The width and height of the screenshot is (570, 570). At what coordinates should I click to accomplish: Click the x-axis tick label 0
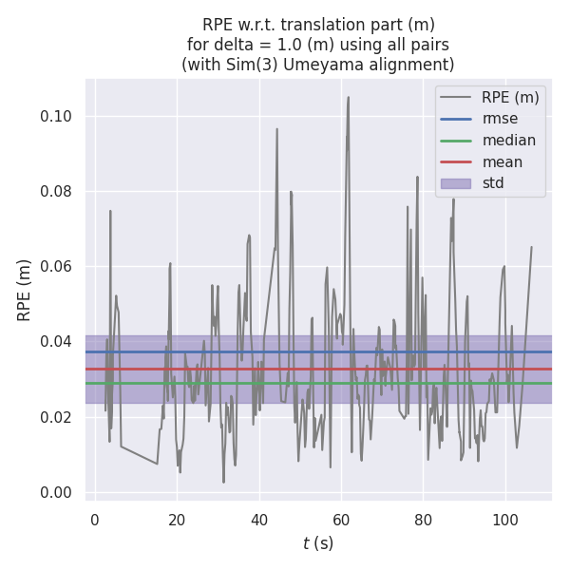(95, 518)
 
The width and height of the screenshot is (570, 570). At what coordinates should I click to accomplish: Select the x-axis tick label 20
(177, 518)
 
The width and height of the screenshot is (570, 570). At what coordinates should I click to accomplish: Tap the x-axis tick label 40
(259, 518)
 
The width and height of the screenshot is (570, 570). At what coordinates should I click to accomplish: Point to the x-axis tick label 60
(341, 518)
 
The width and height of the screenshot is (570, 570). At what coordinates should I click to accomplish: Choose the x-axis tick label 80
(424, 518)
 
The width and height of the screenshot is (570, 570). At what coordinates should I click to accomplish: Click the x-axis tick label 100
(505, 518)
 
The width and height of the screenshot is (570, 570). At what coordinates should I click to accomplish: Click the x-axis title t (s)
(318, 543)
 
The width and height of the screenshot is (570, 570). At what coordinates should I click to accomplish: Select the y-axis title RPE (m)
(25, 290)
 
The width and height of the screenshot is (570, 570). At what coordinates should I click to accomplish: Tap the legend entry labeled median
(508, 141)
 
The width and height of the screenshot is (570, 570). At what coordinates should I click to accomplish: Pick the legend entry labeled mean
(503, 161)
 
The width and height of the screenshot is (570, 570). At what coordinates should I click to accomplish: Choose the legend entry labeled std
(493, 183)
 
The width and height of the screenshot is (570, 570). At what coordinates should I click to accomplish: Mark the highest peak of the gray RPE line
(348, 97)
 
